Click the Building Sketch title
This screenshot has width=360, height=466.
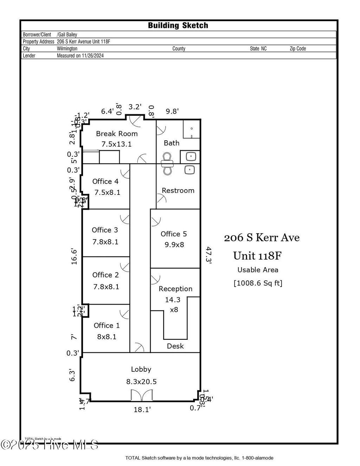pyautogui.click(x=178, y=25)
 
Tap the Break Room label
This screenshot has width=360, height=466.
pyautogui.click(x=117, y=134)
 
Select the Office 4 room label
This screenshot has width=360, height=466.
pyautogui.click(x=105, y=181)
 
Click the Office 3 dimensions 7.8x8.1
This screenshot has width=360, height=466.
pyautogui.click(x=105, y=242)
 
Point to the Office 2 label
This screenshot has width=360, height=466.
pyautogui.click(x=105, y=275)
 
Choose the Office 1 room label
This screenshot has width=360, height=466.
pyautogui.click(x=107, y=325)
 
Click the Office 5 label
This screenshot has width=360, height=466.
pyautogui.click(x=174, y=234)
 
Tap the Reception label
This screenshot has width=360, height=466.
pyautogui.click(x=175, y=289)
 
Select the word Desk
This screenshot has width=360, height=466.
pyautogui.click(x=175, y=346)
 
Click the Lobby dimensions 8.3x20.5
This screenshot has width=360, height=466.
pyautogui.click(x=141, y=382)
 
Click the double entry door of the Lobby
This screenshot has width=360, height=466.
pyautogui.click(x=141, y=396)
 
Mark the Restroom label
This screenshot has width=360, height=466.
pyautogui.click(x=178, y=191)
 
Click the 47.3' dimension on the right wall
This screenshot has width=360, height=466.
pyautogui.click(x=208, y=255)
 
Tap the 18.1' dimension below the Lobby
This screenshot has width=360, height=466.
pyautogui.click(x=142, y=409)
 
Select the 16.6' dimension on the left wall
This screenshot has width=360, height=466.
pyautogui.click(x=74, y=256)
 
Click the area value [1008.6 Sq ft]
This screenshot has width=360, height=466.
pyautogui.click(x=258, y=283)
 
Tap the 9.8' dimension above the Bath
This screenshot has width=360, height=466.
pyautogui.click(x=172, y=111)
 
